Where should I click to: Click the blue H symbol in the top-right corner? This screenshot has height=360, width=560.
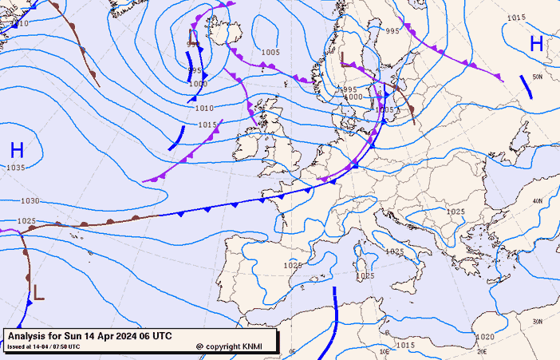pyautogui.click(x=536, y=45)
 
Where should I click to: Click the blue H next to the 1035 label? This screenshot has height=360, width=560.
pyautogui.click(x=17, y=149)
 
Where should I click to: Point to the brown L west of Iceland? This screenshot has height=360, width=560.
pyautogui.click(x=193, y=38)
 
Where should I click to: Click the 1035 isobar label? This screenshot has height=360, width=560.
pyautogui.click(x=16, y=168)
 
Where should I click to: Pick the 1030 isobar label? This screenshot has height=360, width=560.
pyautogui.click(x=30, y=201)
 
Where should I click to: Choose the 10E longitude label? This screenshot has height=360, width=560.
pyautogui.click(x=385, y=350)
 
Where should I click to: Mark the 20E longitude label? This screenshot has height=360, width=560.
pyautogui.click(x=482, y=350)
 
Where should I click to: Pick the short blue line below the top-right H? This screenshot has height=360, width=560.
pyautogui.click(x=526, y=86)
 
